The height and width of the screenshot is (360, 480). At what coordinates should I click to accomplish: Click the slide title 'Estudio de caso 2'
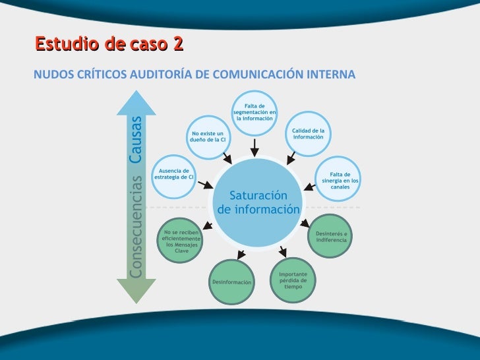click(x=109, y=44)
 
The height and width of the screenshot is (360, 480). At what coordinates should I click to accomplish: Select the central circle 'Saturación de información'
click(x=257, y=202)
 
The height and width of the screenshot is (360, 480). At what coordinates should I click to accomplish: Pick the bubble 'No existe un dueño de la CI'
click(x=208, y=138)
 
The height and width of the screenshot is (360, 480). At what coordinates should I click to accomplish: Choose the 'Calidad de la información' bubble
click(x=309, y=134)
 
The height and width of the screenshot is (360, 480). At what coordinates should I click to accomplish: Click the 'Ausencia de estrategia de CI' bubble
click(x=173, y=175)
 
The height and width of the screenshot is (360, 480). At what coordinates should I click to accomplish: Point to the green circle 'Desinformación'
click(x=231, y=282)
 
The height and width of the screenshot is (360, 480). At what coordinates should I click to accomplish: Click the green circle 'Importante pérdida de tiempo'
click(x=293, y=280)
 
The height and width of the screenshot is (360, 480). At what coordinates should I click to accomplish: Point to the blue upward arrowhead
click(x=135, y=102)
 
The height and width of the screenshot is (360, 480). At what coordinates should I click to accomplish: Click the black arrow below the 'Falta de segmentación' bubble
click(x=255, y=146)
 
